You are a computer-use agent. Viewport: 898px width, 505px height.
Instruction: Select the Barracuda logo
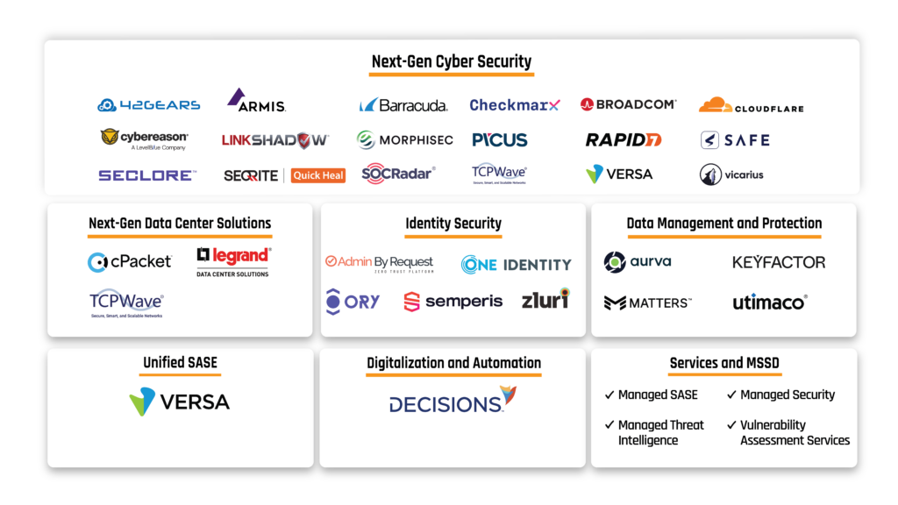403,105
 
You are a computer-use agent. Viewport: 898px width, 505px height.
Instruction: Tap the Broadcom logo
628,104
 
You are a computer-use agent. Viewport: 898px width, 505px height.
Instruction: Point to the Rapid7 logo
624,139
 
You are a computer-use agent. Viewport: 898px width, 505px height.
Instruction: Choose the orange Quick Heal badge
318,175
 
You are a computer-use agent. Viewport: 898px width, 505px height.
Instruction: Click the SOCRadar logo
398,173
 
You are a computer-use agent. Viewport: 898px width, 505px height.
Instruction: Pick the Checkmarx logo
514,105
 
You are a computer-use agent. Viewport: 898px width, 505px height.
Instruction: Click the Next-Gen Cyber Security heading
451,62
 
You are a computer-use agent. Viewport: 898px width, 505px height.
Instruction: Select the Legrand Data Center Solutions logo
233,261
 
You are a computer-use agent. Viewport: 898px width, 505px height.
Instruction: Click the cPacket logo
130,261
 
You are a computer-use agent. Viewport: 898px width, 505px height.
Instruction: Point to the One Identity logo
516,264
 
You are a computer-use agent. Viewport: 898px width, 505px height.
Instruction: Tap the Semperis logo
453,302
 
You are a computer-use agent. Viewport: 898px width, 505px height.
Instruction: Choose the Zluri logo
545,299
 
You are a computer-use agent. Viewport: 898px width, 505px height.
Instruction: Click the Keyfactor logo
779,262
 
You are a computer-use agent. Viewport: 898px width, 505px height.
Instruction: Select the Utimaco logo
769,302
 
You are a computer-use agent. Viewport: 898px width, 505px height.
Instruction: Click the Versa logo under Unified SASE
180,402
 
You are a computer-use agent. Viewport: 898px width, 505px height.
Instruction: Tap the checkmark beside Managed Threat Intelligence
609,425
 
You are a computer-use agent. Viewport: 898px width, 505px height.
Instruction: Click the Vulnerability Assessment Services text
795,432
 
